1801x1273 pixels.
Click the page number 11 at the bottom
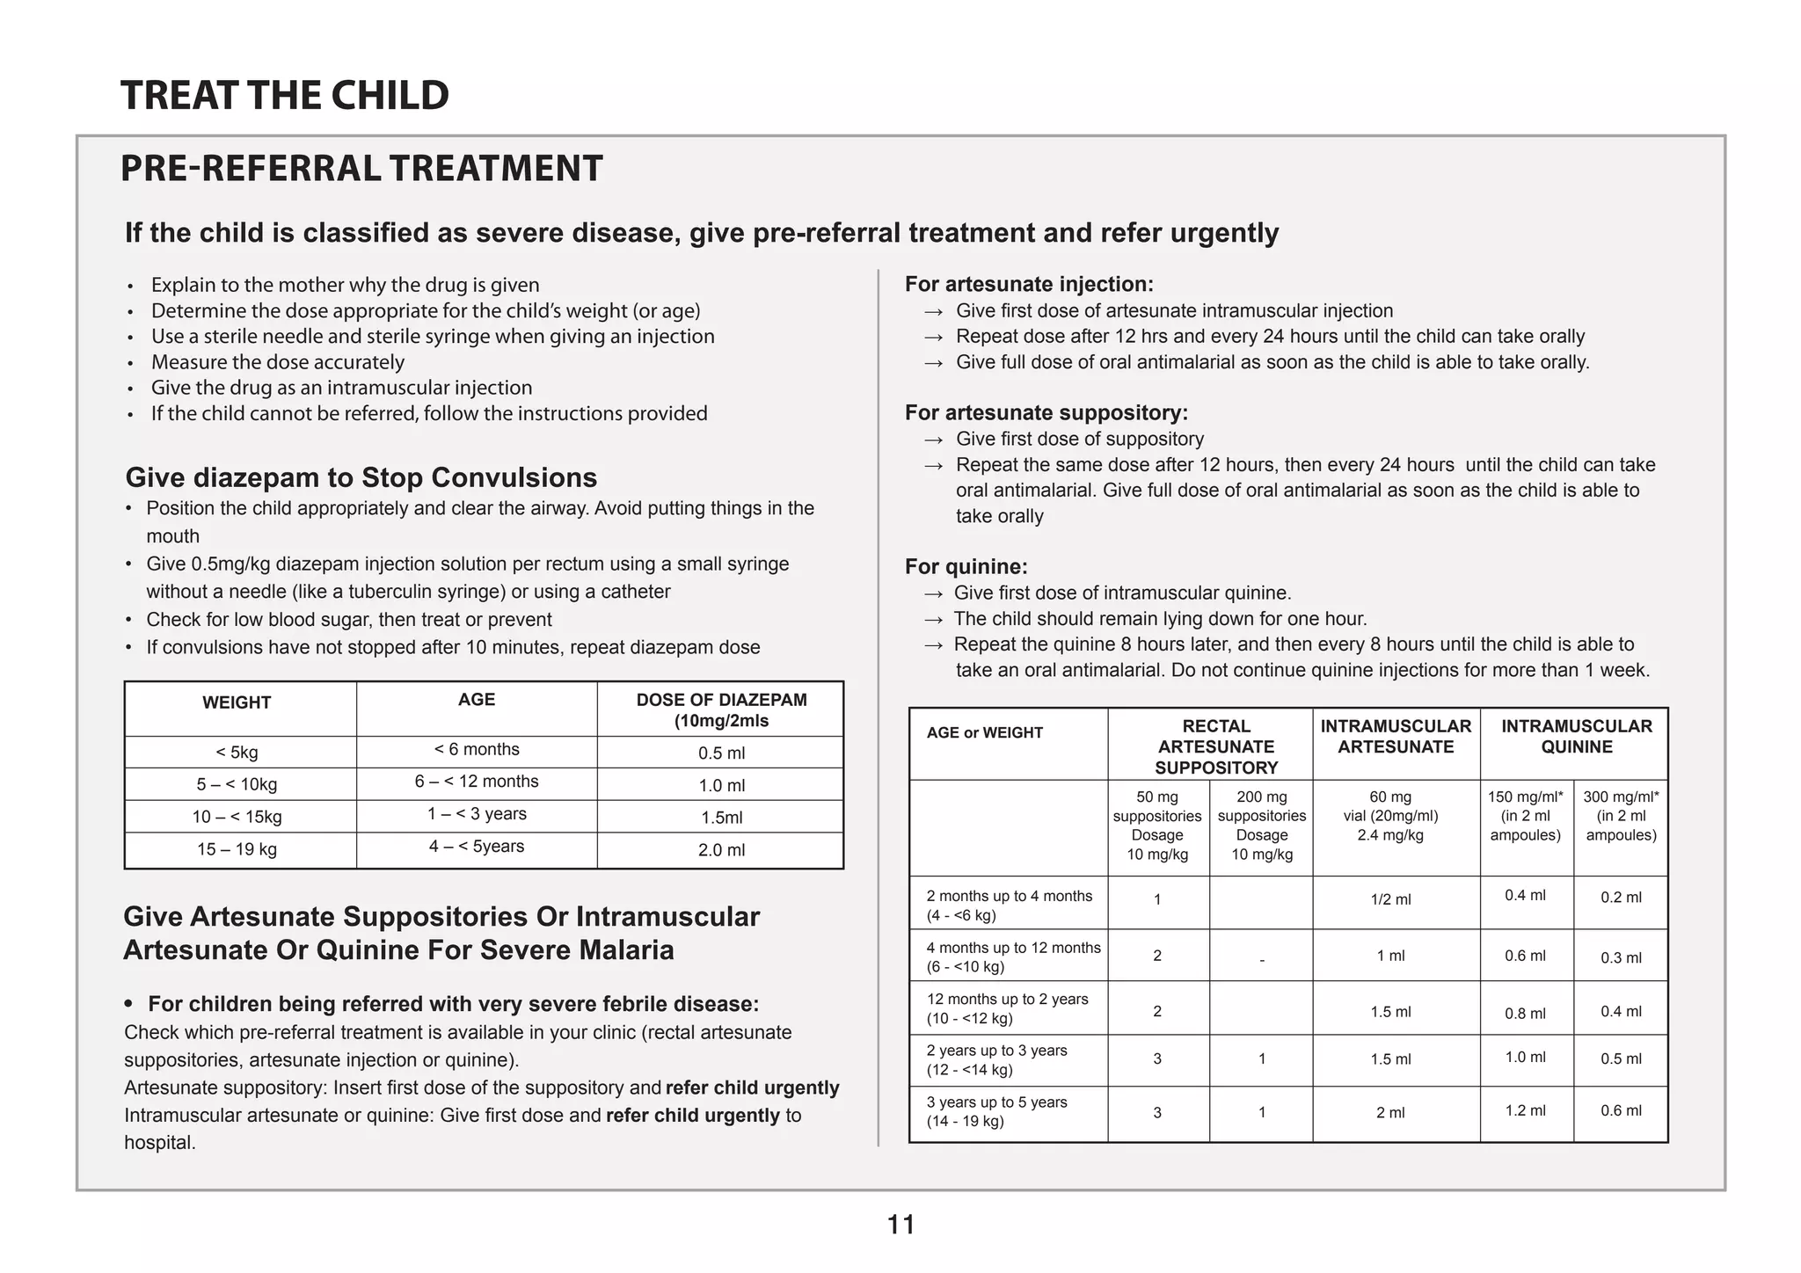tap(900, 1225)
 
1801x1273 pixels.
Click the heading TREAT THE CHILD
tap(284, 95)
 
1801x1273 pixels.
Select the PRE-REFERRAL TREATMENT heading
tap(361, 169)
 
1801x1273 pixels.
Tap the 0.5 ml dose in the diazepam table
tap(721, 753)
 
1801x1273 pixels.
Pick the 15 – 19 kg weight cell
tap(237, 850)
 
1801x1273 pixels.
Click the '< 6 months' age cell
tap(477, 750)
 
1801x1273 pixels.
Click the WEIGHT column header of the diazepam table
tap(237, 703)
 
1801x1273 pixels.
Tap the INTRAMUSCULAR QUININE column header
tap(1576, 737)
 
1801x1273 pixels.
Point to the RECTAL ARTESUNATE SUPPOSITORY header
tap(1215, 746)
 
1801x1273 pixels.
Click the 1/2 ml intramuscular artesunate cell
tap(1390, 900)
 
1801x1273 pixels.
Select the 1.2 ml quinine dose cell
tap(1525, 1111)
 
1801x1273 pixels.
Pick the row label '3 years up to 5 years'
tap(996, 1112)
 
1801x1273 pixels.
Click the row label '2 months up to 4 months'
tap(1009, 906)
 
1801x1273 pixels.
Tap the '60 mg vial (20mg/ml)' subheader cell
tap(1390, 817)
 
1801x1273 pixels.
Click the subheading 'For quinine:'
tap(966, 567)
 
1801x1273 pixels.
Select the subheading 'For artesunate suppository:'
tap(1046, 413)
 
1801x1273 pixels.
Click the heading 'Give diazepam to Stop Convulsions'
tap(361, 478)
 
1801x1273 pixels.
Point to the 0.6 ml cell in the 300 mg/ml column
tap(1620, 1111)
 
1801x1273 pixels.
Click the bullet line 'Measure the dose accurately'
tap(277, 363)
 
